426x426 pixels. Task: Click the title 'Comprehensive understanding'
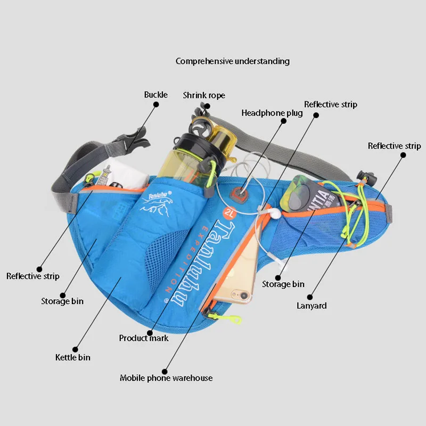coord(233,61)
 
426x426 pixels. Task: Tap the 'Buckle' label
coord(155,95)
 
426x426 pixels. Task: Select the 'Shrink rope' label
coord(204,95)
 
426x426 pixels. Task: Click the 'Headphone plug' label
coord(272,113)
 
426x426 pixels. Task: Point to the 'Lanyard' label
coord(312,306)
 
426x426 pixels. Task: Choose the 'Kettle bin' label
coord(73,357)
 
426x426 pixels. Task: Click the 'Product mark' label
coord(144,338)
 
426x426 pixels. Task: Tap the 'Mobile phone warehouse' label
coord(166,378)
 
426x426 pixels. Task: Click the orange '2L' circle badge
coord(231,213)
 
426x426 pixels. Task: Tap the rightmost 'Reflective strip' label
coord(394,146)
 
